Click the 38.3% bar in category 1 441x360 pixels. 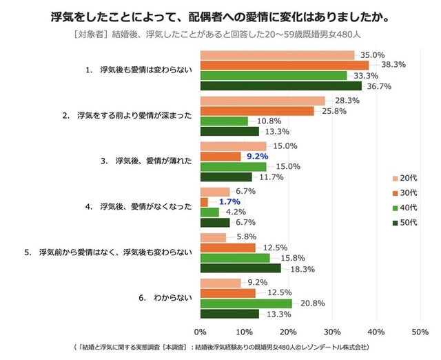[x=284, y=65]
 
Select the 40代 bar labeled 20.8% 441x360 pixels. [x=245, y=303]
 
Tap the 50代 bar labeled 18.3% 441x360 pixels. [x=240, y=268]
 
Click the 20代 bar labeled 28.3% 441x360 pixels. [x=262, y=101]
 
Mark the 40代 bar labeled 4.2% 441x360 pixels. [x=209, y=212]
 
